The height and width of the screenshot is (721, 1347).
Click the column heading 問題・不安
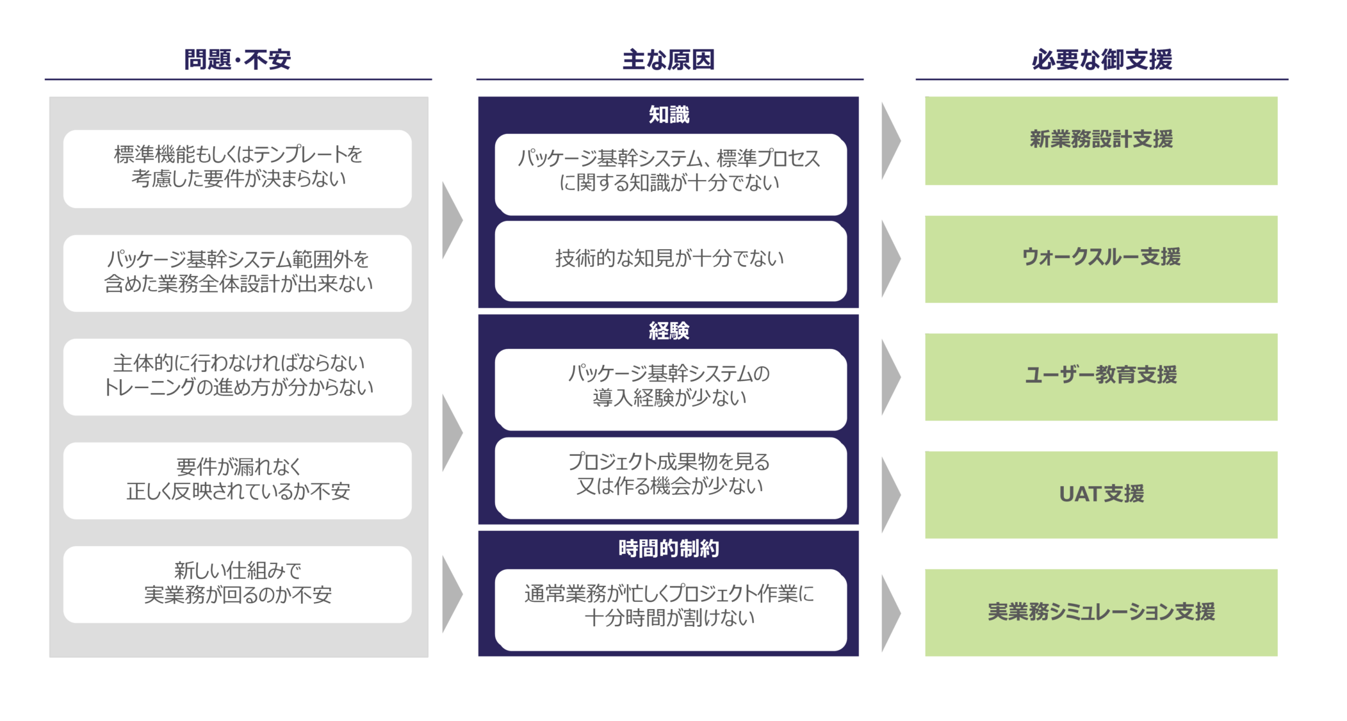pyautogui.click(x=238, y=60)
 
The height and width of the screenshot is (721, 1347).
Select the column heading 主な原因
pyautogui.click(x=669, y=60)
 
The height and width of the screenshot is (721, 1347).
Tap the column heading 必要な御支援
pyautogui.click(x=1102, y=60)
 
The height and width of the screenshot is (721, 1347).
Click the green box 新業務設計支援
pyautogui.click(x=1101, y=141)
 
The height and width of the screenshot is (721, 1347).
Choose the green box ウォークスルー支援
pyautogui.click(x=1101, y=259)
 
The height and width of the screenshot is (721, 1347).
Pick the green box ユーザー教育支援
pyautogui.click(x=1101, y=377)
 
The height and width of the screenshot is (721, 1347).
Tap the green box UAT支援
pyautogui.click(x=1101, y=494)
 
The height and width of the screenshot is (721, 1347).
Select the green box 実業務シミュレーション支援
pyautogui.click(x=1101, y=612)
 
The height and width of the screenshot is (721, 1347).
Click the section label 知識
pyautogui.click(x=669, y=115)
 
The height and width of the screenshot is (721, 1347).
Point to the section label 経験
pyautogui.click(x=669, y=330)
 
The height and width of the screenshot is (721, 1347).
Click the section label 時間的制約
pyautogui.click(x=669, y=548)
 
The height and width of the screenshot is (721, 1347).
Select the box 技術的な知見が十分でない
pyautogui.click(x=671, y=261)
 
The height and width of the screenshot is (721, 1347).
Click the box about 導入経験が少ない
pyautogui.click(x=671, y=389)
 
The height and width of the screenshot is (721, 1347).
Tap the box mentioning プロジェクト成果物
pyautogui.click(x=671, y=478)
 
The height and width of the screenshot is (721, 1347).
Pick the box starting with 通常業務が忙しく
pyautogui.click(x=671, y=610)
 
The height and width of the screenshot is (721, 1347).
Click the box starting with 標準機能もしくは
pyautogui.click(x=238, y=169)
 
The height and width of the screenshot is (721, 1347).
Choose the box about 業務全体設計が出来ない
pyautogui.click(x=238, y=273)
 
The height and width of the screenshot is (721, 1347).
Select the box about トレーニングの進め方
pyautogui.click(x=238, y=377)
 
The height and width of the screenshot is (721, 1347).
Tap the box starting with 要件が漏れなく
pyautogui.click(x=238, y=481)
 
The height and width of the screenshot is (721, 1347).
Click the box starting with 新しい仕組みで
pyautogui.click(x=238, y=585)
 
